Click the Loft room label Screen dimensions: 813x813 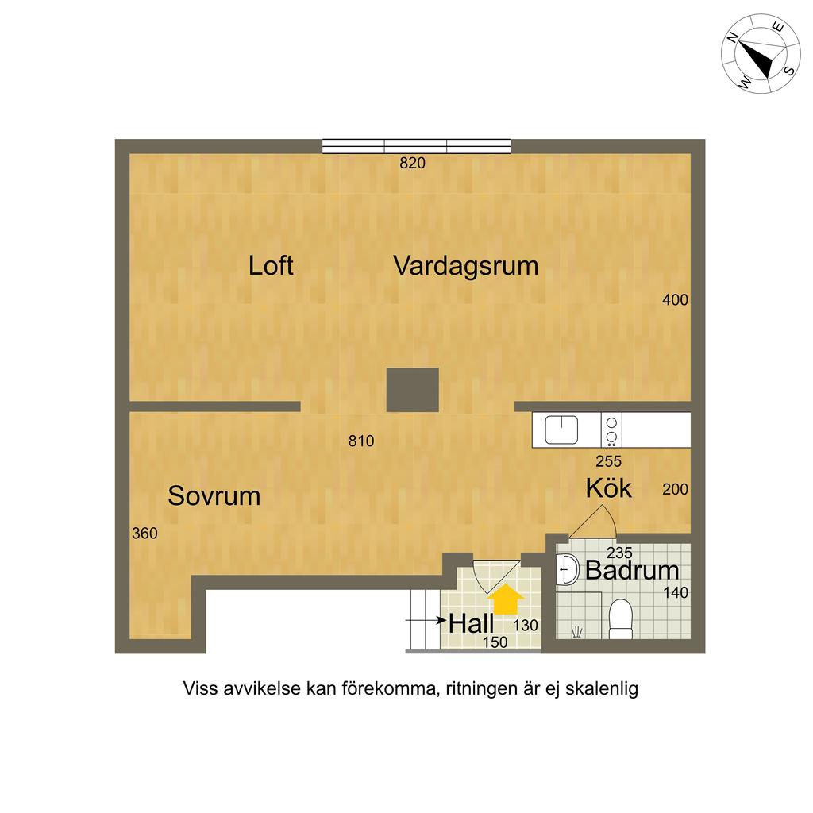(x=271, y=265)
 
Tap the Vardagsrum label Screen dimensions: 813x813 (x=466, y=265)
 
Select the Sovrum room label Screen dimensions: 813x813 (x=214, y=496)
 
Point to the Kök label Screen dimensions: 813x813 (x=609, y=488)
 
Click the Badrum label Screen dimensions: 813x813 (x=632, y=570)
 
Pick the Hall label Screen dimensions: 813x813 (x=471, y=623)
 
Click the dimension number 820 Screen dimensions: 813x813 (x=413, y=164)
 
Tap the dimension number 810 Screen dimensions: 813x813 (x=360, y=441)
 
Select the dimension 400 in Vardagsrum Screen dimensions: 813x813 (x=675, y=300)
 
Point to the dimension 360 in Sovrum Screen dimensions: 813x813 (x=144, y=534)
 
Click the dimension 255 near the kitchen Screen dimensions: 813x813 (x=608, y=460)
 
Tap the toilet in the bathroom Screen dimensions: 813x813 (x=619, y=618)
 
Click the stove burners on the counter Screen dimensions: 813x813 (x=611, y=430)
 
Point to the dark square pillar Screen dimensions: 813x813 (x=413, y=390)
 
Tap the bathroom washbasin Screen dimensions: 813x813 (x=568, y=569)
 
